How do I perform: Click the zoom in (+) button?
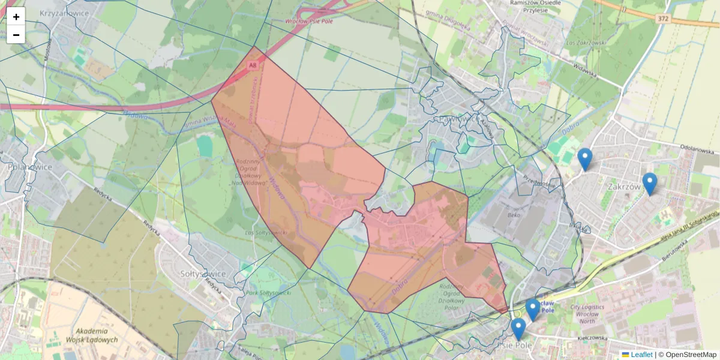point(16,17)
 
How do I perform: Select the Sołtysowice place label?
point(203,274)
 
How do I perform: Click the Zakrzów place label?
point(624,187)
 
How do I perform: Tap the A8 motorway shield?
point(253,64)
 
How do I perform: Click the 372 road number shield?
point(662,19)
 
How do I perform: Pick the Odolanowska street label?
point(700,147)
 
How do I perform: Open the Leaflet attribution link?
point(641,355)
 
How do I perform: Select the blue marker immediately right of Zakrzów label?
point(649,183)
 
